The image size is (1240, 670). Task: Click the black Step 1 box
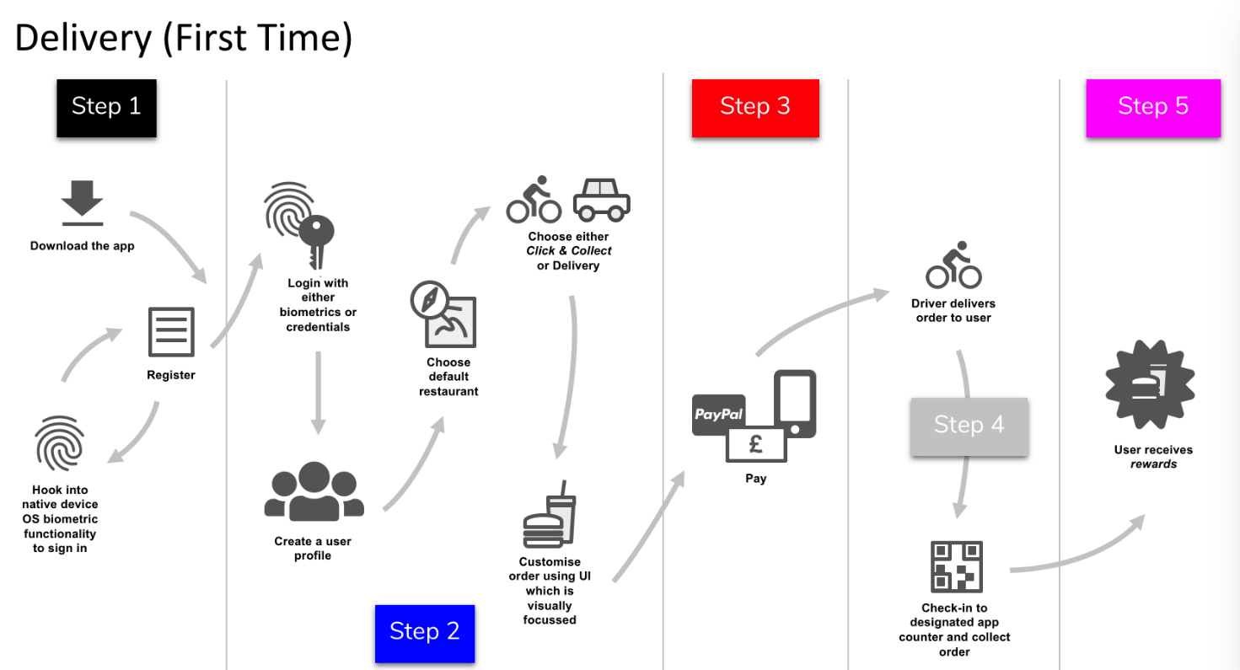coord(107,106)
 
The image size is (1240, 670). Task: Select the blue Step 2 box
coord(425,632)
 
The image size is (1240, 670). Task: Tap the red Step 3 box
coord(755,107)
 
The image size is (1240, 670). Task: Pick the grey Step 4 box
coord(969,426)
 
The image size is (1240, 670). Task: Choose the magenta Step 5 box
coord(1152,107)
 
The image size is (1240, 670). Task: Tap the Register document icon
coord(171,332)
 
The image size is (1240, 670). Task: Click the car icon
coord(601,199)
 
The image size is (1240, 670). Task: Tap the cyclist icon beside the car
coord(534,200)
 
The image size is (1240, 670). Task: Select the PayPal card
coord(718,415)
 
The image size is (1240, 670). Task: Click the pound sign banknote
coord(756,443)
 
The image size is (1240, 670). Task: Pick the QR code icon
coord(957,566)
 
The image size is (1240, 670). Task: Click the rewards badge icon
coord(1150,384)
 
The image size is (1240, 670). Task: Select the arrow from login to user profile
coord(318,392)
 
